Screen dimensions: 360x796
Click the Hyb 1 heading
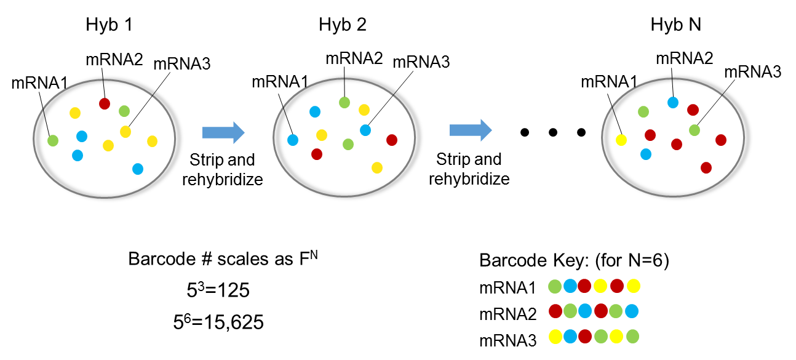110,25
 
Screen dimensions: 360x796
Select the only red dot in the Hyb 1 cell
105,103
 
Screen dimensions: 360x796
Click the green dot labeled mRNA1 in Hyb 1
52,140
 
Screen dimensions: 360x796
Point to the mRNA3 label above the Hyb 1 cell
182,63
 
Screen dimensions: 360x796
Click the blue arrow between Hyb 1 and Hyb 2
223,132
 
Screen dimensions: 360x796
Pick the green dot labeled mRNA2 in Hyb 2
344,103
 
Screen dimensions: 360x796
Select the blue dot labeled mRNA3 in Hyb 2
365,130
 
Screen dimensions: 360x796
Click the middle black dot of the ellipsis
552,132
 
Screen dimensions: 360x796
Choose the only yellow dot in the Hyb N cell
621,140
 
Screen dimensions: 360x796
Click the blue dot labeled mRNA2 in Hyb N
672,102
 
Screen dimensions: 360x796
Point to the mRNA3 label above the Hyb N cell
752,71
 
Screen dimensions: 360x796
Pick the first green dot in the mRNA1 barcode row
555,286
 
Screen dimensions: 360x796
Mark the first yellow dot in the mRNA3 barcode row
555,338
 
